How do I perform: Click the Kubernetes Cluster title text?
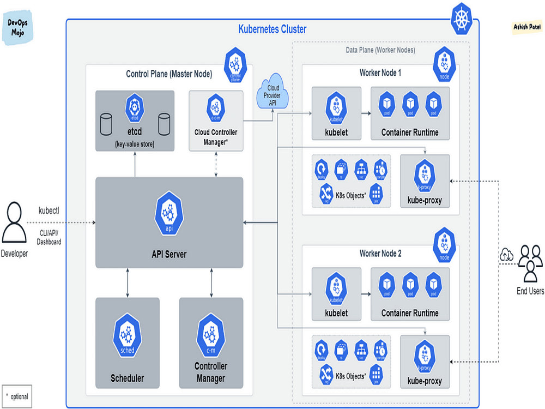(x=272, y=29)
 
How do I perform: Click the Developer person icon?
(x=14, y=224)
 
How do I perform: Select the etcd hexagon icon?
(x=134, y=106)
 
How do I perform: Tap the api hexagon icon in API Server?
(x=168, y=213)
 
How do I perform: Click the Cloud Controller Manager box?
(x=216, y=121)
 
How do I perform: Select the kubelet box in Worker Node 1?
(x=336, y=114)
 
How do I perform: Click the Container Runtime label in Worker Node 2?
(x=410, y=313)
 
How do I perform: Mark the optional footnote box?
(x=17, y=396)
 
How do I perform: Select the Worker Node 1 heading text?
(x=380, y=73)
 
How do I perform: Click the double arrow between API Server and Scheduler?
(x=127, y=282)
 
